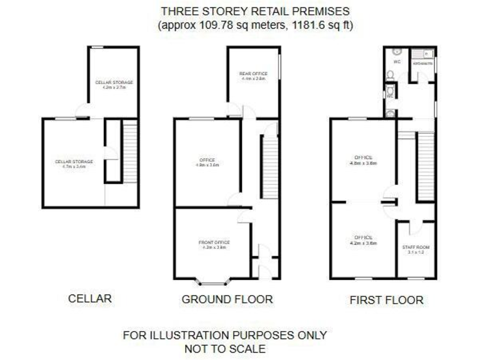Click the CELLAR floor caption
click(x=89, y=299)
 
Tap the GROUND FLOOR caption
click(x=227, y=299)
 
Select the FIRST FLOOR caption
click(x=386, y=300)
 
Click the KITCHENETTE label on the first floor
click(x=422, y=63)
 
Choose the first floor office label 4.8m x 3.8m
click(x=363, y=159)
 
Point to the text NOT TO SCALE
click(x=224, y=348)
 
